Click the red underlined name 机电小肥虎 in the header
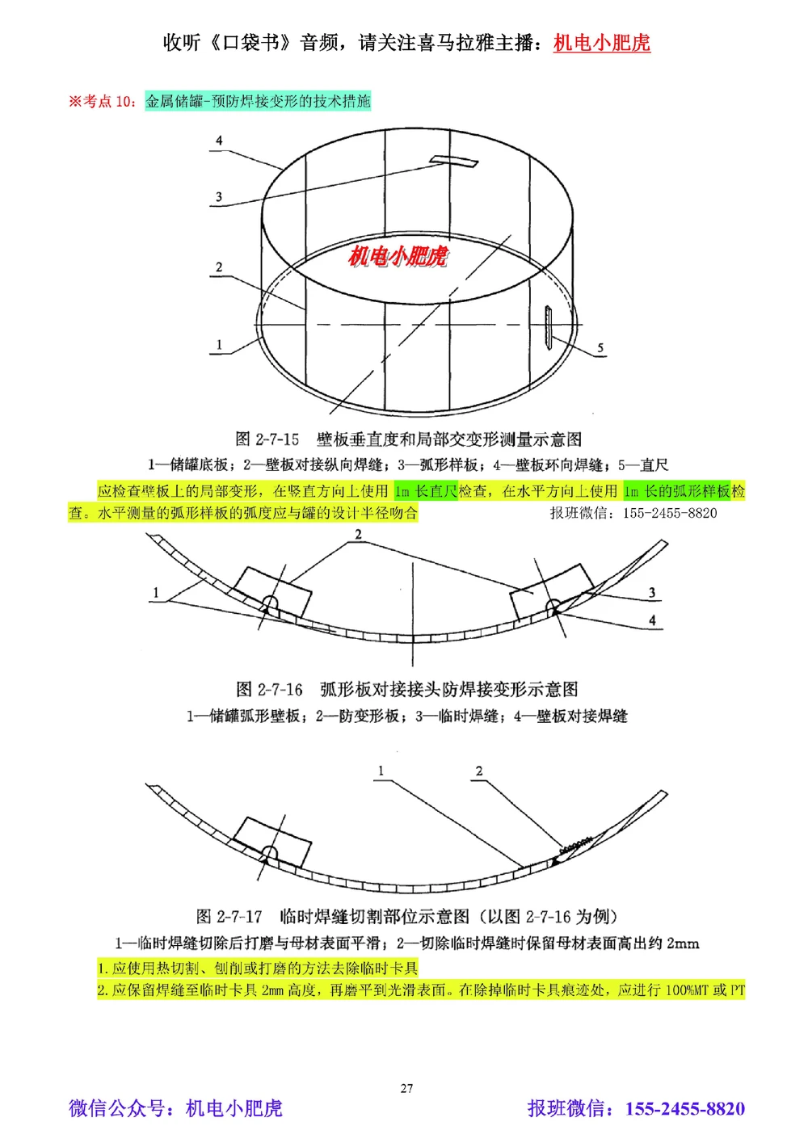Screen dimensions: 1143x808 coord(601,43)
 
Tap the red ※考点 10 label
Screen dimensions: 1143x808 coord(102,101)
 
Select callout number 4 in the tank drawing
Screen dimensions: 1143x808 coord(219,141)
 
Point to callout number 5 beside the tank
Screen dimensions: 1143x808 coord(600,348)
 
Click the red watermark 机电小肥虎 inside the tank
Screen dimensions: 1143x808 coord(398,256)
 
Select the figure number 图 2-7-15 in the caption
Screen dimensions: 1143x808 coord(267,439)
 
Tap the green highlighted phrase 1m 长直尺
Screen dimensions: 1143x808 coord(426,491)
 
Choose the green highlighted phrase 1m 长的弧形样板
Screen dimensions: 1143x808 coord(677,491)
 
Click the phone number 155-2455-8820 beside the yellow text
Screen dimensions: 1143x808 coord(669,513)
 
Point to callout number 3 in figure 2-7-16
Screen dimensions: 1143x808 coord(652,593)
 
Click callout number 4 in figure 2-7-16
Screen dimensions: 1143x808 coord(652,620)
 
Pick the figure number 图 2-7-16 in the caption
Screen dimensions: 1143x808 coord(269,690)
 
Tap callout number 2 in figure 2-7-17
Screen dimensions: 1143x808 coord(479,771)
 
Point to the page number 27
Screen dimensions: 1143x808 coord(406,1088)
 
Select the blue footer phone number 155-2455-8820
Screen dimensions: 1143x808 coord(684,1109)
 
